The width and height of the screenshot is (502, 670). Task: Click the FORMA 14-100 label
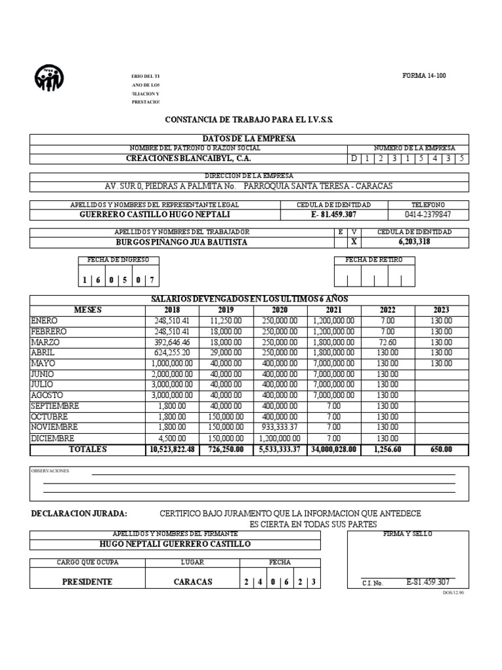point(424,76)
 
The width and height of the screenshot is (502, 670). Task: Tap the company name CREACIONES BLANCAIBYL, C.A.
point(188,158)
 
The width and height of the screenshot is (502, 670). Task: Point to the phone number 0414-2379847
point(429,215)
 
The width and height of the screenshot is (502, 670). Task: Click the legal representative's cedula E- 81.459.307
point(334,215)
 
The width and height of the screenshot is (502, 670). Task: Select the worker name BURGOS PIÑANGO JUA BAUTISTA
point(182,242)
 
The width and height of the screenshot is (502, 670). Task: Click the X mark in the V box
point(354,242)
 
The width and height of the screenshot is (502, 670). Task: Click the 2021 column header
point(333,310)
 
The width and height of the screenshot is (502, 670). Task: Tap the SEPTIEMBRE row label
point(55,406)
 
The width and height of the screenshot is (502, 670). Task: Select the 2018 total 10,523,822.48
point(173,450)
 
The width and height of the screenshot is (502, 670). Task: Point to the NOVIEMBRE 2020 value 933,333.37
point(280,427)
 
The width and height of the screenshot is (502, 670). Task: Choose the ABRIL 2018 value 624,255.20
point(171,353)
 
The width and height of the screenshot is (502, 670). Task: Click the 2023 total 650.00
point(441,450)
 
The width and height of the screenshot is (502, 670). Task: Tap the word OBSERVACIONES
point(50,471)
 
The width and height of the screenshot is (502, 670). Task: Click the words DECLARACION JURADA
point(79,514)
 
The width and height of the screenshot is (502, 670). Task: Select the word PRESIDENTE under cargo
point(87,582)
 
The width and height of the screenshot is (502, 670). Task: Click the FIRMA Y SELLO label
point(407,534)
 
